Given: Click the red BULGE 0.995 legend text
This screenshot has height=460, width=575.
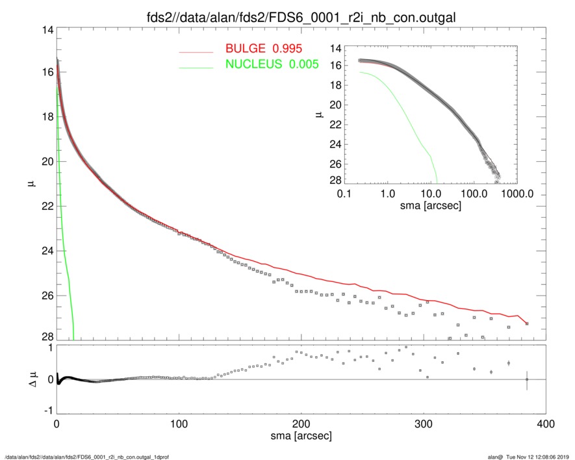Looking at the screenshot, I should tap(264, 49).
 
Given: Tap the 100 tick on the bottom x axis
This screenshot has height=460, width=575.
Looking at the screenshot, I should tap(179, 424).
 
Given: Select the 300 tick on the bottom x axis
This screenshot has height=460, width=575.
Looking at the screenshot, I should tap(424, 424).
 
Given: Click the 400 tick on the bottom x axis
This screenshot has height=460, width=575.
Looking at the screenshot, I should tap(545, 424).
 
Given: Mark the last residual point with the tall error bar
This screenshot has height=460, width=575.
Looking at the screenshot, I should tap(527, 379).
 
